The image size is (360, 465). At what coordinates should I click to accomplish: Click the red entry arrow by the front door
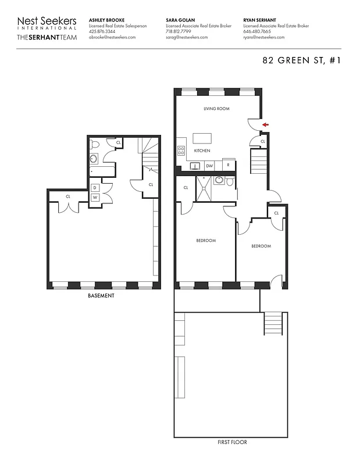[265, 124]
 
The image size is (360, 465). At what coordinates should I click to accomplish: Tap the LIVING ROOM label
[216, 109]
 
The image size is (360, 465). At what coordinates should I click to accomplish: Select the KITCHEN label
[202, 151]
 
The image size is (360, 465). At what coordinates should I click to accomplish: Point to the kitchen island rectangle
[202, 138]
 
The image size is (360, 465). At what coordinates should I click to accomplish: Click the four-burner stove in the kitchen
[181, 150]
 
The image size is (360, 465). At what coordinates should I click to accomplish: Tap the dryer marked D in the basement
[95, 187]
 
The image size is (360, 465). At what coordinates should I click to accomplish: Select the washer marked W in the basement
[95, 198]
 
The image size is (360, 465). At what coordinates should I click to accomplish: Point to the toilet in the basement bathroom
[96, 144]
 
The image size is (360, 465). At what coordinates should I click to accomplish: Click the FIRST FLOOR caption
[231, 442]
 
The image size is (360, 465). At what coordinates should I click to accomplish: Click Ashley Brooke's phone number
[102, 31]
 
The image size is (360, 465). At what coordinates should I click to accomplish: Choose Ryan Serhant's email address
[264, 37]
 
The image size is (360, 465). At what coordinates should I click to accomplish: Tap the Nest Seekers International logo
[47, 23]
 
